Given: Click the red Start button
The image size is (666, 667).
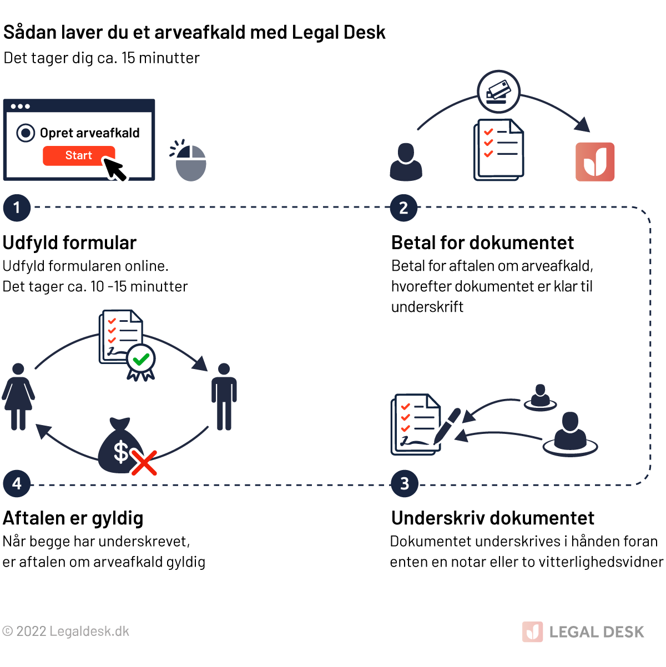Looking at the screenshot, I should [78, 155].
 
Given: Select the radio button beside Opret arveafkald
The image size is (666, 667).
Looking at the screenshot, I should [26, 133].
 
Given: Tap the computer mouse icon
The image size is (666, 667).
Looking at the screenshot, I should [191, 163].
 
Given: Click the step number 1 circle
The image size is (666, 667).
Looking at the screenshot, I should [17, 208].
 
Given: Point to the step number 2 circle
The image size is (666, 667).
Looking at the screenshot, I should [403, 208].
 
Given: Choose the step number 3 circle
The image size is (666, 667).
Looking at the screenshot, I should [404, 483].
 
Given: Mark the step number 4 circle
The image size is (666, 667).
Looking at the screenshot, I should [17, 483].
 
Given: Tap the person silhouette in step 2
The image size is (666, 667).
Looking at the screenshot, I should [406, 162].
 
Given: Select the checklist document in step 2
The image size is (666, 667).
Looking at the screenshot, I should [498, 150].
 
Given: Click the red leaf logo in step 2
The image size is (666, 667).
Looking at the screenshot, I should [595, 161].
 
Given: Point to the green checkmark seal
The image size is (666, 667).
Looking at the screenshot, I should [141, 360].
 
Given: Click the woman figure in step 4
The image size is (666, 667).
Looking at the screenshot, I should [18, 396].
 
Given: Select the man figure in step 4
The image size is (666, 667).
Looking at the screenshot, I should [224, 396].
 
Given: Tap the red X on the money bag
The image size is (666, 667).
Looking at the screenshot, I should [144, 463].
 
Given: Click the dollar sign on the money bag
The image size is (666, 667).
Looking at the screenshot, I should [121, 451].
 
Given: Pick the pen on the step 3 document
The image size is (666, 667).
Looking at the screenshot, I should [448, 425].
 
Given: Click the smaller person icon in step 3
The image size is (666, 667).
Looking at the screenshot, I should [539, 397].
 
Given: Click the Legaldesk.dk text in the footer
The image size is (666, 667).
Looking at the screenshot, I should [89, 631].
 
